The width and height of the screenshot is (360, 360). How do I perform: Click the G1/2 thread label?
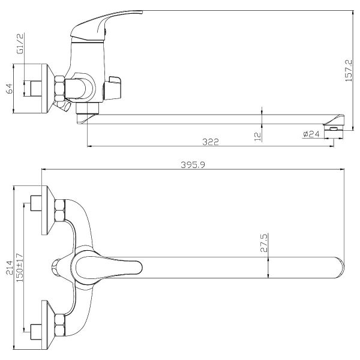(20, 44)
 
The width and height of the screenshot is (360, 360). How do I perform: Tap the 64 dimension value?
(10, 88)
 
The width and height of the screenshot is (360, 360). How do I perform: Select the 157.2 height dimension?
(349, 70)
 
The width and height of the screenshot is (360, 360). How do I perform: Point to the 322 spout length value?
(211, 142)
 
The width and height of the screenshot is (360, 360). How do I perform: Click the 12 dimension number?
(258, 136)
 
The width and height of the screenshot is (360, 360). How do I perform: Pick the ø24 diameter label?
(311, 134)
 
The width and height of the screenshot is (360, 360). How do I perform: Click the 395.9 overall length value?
(193, 164)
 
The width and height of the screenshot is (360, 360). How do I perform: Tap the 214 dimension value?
(10, 268)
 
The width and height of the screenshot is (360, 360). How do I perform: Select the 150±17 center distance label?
(20, 268)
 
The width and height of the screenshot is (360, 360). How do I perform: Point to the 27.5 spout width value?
(264, 243)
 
